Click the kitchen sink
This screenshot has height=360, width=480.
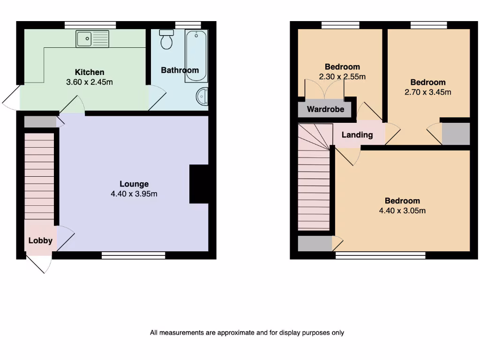[x=92, y=38]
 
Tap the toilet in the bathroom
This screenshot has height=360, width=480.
[x=166, y=40]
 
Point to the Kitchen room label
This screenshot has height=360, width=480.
[x=90, y=72]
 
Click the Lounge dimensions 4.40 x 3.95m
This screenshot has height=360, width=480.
[x=134, y=194]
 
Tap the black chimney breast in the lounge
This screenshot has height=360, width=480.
[x=199, y=184]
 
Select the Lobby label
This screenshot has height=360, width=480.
[x=40, y=240]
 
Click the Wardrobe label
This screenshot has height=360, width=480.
[x=325, y=110]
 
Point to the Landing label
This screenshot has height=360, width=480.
[x=357, y=135]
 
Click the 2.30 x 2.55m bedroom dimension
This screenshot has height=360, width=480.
[x=342, y=77]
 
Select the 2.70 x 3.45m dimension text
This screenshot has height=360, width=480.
[x=427, y=92]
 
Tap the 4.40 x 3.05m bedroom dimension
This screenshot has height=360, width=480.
[x=402, y=211]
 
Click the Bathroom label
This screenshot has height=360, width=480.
[x=180, y=70]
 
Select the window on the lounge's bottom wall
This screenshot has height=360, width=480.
[x=134, y=255]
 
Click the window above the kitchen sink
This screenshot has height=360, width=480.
[x=90, y=24]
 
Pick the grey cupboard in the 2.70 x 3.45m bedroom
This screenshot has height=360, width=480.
[x=456, y=134]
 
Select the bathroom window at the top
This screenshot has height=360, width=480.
[x=188, y=24]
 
